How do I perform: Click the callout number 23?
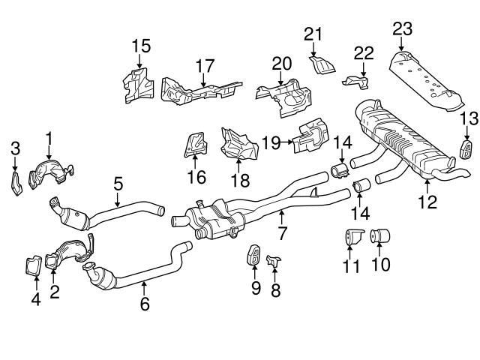tap(402, 29)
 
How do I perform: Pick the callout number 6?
tap(145, 304)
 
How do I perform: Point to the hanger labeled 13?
tap(465, 147)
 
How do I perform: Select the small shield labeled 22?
tap(358, 79)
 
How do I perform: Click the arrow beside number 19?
tap(287, 140)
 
